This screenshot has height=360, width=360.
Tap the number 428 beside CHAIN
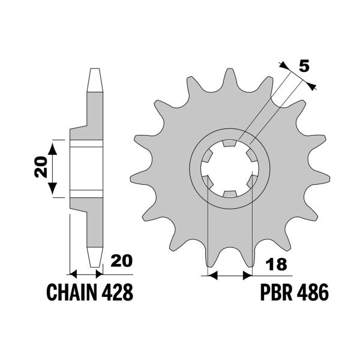(117, 292)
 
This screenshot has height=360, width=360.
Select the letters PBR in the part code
(276, 292)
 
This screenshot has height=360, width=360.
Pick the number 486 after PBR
(312, 292)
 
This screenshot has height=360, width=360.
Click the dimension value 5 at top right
(304, 66)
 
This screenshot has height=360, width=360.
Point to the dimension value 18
(277, 264)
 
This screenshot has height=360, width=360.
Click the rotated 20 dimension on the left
(41, 167)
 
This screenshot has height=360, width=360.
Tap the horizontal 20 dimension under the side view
(121, 260)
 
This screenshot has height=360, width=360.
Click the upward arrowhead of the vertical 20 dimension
(53, 149)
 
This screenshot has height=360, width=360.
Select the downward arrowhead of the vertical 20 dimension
(53, 188)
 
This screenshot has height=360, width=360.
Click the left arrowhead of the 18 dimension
(212, 275)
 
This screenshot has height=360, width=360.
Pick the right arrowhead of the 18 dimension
(247, 275)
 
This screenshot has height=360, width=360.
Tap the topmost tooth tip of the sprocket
(230, 69)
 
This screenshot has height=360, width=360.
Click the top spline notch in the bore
(230, 143)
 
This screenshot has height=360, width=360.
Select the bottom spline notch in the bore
(230, 194)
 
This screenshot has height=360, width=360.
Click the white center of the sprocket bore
(230, 168)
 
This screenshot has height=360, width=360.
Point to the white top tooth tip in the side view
(95, 80)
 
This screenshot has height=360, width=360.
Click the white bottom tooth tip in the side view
(95, 257)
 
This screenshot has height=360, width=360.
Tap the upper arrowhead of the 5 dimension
(284, 65)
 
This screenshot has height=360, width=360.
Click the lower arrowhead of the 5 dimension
(311, 86)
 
